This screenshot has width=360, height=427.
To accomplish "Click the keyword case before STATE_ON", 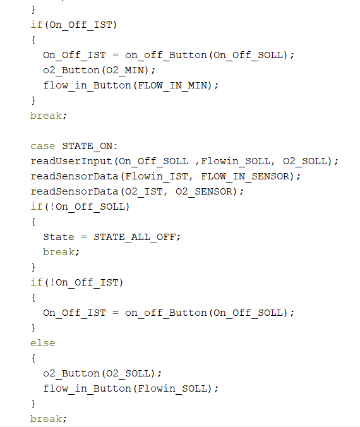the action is pos(43,147).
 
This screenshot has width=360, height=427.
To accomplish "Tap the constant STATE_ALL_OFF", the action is pos(135,238).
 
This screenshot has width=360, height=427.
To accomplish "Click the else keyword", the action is pos(43,343).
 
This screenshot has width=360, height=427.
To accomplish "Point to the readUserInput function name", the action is pos(71,162).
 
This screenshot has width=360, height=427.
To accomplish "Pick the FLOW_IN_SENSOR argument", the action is pos(245,177).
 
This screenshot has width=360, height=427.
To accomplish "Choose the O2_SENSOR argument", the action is pos(204,192).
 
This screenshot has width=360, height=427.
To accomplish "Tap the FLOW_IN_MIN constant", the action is pos(172,86).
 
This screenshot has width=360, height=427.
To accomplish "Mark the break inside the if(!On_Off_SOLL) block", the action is pos(59,252).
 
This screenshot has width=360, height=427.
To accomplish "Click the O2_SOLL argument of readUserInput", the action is pos(305,162).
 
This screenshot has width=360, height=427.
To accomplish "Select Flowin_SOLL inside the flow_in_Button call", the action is pos(172,388).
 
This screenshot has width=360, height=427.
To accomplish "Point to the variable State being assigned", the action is pos(59,238).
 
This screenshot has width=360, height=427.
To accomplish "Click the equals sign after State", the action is pos(84,238).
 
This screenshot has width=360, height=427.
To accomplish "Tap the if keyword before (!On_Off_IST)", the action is pos(37,282).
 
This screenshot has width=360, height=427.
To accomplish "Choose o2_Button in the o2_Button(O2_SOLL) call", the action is pos(71,373).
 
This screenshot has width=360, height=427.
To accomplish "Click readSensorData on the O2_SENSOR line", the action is pos(75,192).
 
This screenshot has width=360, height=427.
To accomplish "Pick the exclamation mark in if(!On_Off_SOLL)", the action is pos(52,207).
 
